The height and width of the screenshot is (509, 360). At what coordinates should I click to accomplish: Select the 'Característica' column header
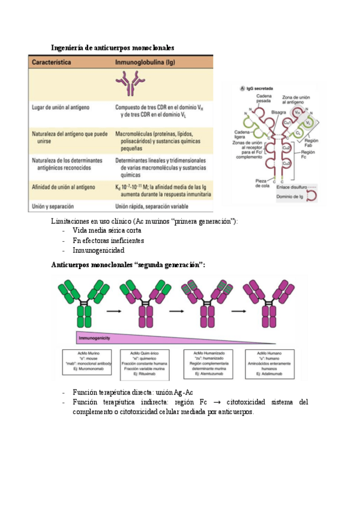click(52, 62)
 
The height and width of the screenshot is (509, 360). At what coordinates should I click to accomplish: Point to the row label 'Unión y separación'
click(55, 207)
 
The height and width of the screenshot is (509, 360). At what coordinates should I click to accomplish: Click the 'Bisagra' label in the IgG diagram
click(278, 112)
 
